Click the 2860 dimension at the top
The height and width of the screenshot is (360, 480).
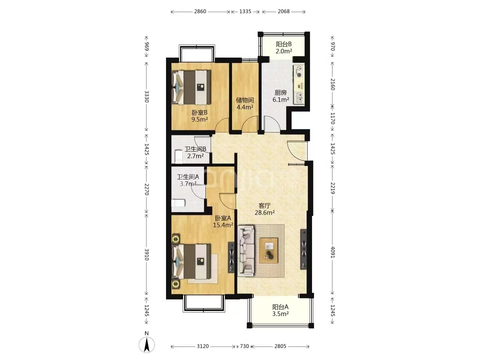tap(200, 11)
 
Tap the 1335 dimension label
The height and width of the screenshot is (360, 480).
tap(245, 11)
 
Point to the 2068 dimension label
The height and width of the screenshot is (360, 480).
tap(284, 11)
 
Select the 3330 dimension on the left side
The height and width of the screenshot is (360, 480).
tap(147, 96)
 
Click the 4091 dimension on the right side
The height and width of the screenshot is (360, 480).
tap(332, 252)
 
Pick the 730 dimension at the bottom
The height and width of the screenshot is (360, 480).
tap(244, 346)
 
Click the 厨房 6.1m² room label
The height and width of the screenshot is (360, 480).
tap(281, 96)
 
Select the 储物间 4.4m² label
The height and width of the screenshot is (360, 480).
tap(245, 104)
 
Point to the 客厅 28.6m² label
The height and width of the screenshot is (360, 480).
tap(265, 209)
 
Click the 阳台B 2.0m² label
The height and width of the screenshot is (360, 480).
tap(284, 48)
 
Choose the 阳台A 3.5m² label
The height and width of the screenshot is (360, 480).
tap(280, 310)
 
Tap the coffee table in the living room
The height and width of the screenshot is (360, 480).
tap(269, 250)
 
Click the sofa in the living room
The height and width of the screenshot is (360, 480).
tap(246, 251)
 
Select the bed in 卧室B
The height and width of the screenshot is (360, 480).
tap(192, 87)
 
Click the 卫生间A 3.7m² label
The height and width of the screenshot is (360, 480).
tap(188, 180)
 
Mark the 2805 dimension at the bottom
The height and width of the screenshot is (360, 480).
tap(280, 346)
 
